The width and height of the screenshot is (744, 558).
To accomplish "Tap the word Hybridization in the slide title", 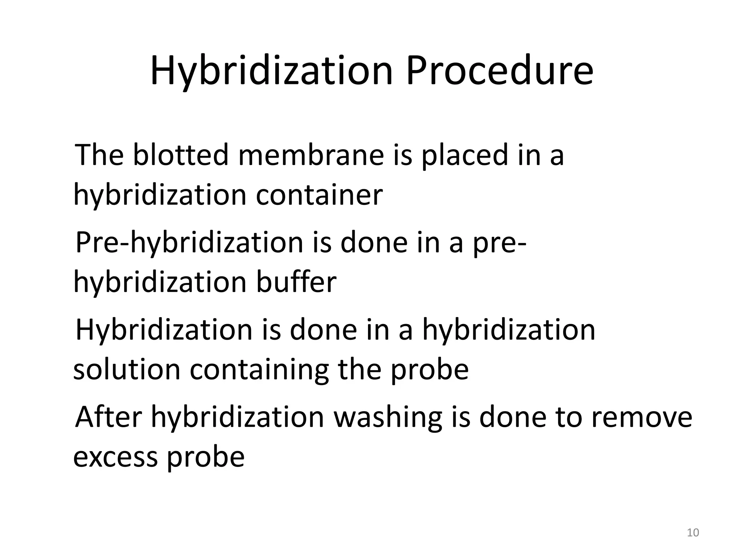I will (x=271, y=71).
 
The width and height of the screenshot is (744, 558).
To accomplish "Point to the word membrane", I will (x=311, y=155).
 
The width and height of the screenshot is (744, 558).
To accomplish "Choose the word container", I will (x=319, y=195).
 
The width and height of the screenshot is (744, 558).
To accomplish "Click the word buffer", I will (x=296, y=282).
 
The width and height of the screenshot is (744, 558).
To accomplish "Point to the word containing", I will (x=259, y=371).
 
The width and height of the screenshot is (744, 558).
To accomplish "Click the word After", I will (x=108, y=417).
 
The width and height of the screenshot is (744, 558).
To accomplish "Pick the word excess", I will (x=116, y=457).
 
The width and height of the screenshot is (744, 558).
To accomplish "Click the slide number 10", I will (x=693, y=533).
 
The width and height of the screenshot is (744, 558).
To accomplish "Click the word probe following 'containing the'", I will (x=429, y=371).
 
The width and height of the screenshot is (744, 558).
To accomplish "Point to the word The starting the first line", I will (x=99, y=155).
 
